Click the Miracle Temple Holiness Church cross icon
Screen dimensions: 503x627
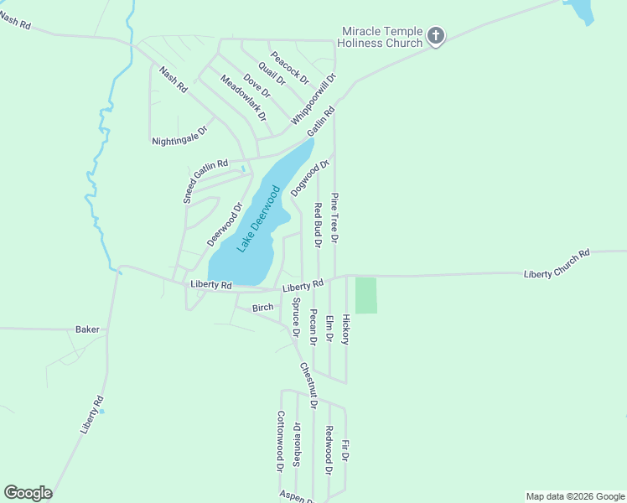coord(435,36)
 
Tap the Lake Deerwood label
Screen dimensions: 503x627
coord(258,219)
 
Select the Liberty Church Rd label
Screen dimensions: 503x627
coord(557,263)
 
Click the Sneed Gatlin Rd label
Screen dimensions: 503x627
coord(205,182)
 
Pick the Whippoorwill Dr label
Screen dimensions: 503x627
coord(313,100)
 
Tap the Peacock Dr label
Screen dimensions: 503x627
coord(290,67)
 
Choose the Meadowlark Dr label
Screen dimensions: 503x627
coord(243,96)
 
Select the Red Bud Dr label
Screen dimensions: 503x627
coord(318,226)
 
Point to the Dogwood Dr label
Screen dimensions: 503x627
coord(307,179)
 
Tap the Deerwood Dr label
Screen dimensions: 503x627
coord(225,224)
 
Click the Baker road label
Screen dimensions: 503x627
coord(87,329)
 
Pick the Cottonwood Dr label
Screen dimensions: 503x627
coord(281,442)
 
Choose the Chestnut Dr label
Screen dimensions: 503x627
coord(308,385)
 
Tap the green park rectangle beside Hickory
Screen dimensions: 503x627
coord(366,295)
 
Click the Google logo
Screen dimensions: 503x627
coord(28,493)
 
